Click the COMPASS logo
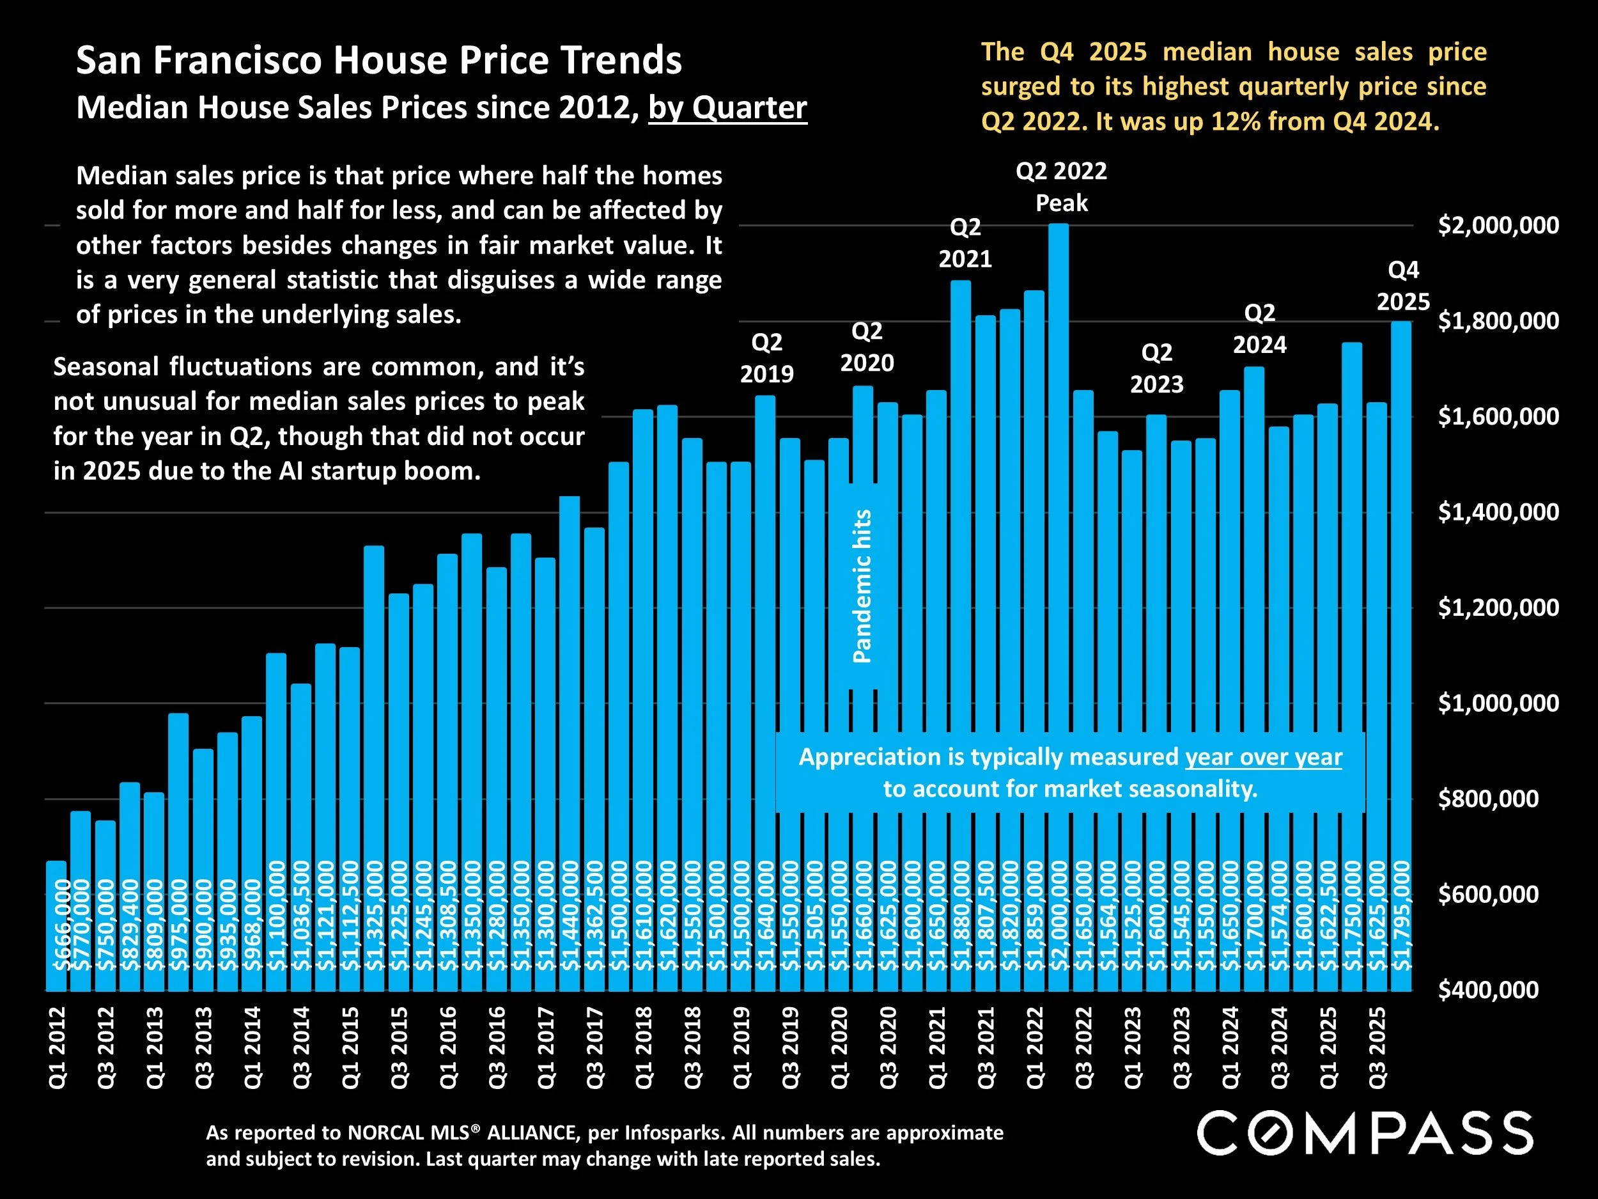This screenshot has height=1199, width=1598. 1365,1133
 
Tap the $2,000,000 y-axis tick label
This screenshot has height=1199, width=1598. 1498,226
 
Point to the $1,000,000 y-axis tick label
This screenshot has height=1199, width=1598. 1498,703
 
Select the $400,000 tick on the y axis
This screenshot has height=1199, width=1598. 1488,989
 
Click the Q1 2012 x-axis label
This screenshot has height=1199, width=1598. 57,1047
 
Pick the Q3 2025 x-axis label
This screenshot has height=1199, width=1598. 1377,1047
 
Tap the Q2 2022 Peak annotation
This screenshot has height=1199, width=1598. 1061,187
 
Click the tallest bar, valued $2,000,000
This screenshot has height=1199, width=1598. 1059,578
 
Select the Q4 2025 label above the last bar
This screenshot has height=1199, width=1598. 1403,285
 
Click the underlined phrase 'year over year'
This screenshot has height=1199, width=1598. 1263,756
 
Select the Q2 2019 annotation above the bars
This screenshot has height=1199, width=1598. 766,357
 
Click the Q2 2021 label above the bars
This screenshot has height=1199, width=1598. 965,243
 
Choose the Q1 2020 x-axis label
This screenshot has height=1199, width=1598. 839,1047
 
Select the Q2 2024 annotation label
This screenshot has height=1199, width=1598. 1259,329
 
